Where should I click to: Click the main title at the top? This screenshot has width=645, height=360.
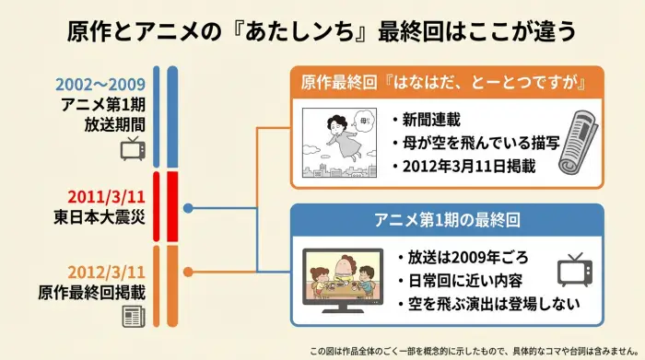click(x=322, y=31)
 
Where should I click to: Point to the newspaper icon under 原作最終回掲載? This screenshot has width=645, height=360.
click(x=133, y=318)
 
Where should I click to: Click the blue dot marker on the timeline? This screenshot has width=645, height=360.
click(x=189, y=209)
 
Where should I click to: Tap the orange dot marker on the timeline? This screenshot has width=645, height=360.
click(x=189, y=272)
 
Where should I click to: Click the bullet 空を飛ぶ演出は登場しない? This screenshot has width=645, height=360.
click(x=471, y=304)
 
